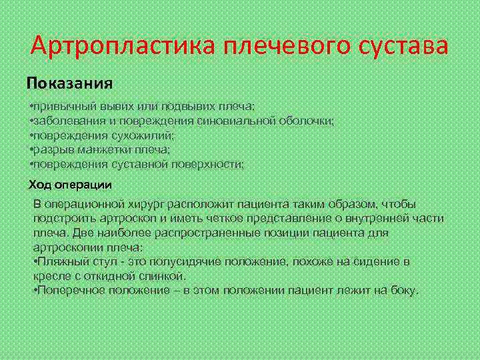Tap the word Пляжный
(x=61, y=261)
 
